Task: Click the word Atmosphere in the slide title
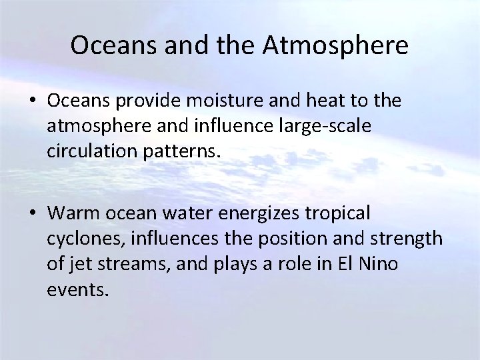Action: click(x=337, y=46)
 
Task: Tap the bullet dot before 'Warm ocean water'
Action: click(x=32, y=214)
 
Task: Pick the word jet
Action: click(x=77, y=264)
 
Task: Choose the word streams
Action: click(x=126, y=264)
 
